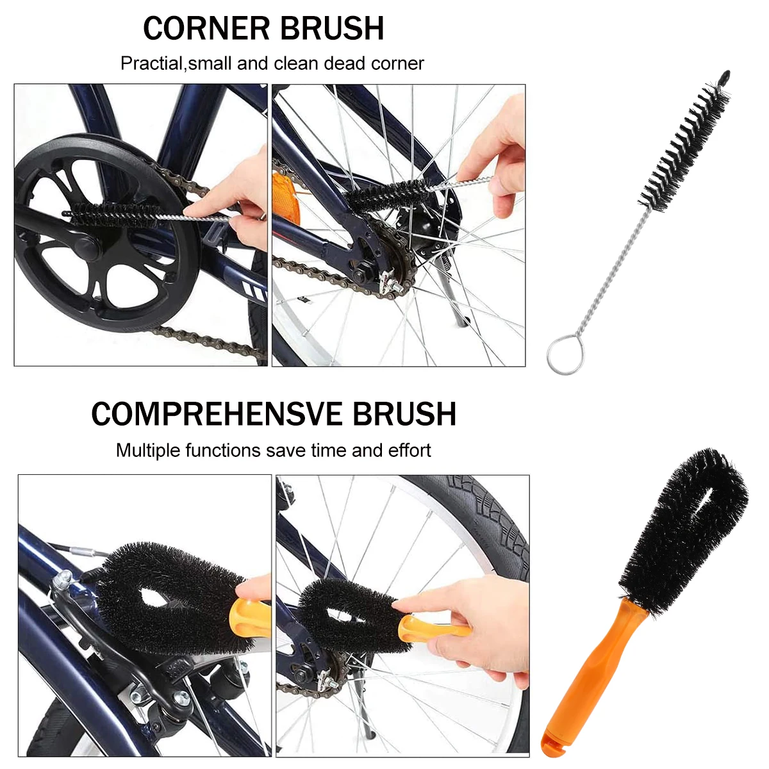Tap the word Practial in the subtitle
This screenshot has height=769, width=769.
(151, 63)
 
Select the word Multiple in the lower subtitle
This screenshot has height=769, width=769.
(148, 451)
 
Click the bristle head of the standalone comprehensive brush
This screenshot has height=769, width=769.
(682, 525)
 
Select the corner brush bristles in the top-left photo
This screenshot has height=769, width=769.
(112, 213)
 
